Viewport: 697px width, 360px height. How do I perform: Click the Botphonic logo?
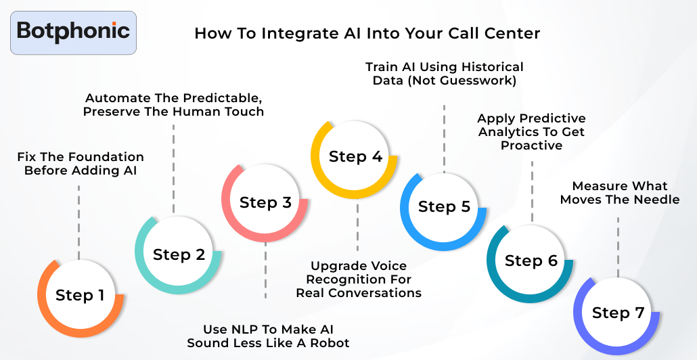click(73, 32)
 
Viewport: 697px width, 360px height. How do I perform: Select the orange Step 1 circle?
click(80, 296)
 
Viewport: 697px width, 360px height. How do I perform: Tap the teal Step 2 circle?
click(179, 254)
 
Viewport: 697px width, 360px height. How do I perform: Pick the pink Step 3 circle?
click(265, 202)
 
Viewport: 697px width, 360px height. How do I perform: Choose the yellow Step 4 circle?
click(355, 157)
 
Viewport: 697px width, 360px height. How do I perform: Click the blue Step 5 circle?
click(444, 207)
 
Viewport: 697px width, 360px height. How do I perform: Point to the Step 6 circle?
click(531, 261)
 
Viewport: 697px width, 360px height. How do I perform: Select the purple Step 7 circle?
click(617, 313)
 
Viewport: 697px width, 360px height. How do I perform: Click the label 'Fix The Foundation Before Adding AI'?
click(81, 164)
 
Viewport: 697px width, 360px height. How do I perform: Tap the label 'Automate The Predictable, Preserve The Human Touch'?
click(173, 104)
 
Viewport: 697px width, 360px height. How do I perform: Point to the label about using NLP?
click(268, 336)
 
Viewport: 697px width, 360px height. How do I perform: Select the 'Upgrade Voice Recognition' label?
click(359, 279)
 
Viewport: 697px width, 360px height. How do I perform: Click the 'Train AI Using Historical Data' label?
click(444, 74)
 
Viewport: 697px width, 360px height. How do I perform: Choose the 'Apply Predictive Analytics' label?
click(531, 132)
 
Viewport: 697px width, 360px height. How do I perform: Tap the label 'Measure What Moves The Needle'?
click(620, 193)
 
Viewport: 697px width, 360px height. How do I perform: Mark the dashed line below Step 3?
click(265, 271)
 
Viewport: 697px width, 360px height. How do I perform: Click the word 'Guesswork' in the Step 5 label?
click(482, 81)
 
